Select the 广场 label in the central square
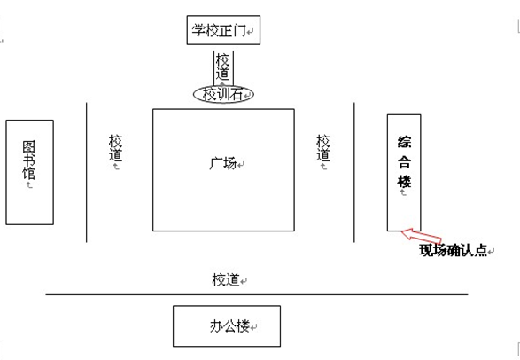[223, 163]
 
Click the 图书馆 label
[29, 160]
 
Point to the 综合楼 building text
[404, 161]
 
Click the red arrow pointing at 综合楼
[421, 235]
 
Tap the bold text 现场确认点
[453, 250]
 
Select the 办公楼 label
[229, 326]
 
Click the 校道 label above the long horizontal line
[226, 279]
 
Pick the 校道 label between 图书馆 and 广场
[115, 148]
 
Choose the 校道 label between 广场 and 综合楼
[323, 148]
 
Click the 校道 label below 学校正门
[223, 67]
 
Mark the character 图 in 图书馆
[29, 147]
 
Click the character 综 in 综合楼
[404, 142]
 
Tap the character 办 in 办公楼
[216, 326]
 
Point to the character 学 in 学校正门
[198, 30]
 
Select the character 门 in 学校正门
[239, 30]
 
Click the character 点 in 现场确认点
[480, 250]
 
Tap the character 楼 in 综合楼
[404, 182]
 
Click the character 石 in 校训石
[237, 95]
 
